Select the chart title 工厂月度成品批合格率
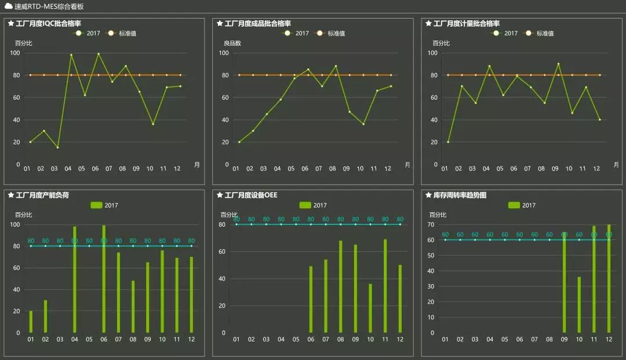point(257,23)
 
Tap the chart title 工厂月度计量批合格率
point(466,23)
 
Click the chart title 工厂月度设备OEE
point(250,195)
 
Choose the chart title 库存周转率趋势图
point(460,195)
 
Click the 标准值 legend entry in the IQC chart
point(127,34)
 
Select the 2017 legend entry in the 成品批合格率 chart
point(302,34)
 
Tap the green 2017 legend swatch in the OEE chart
point(305,205)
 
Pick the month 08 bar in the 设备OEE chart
point(341,286)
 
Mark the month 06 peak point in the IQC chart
point(99,54)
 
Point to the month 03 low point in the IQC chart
point(57,147)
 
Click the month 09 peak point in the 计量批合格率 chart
point(558,64)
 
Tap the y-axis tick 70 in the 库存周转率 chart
point(431,224)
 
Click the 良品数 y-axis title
point(232,43)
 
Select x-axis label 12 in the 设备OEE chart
point(400,340)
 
